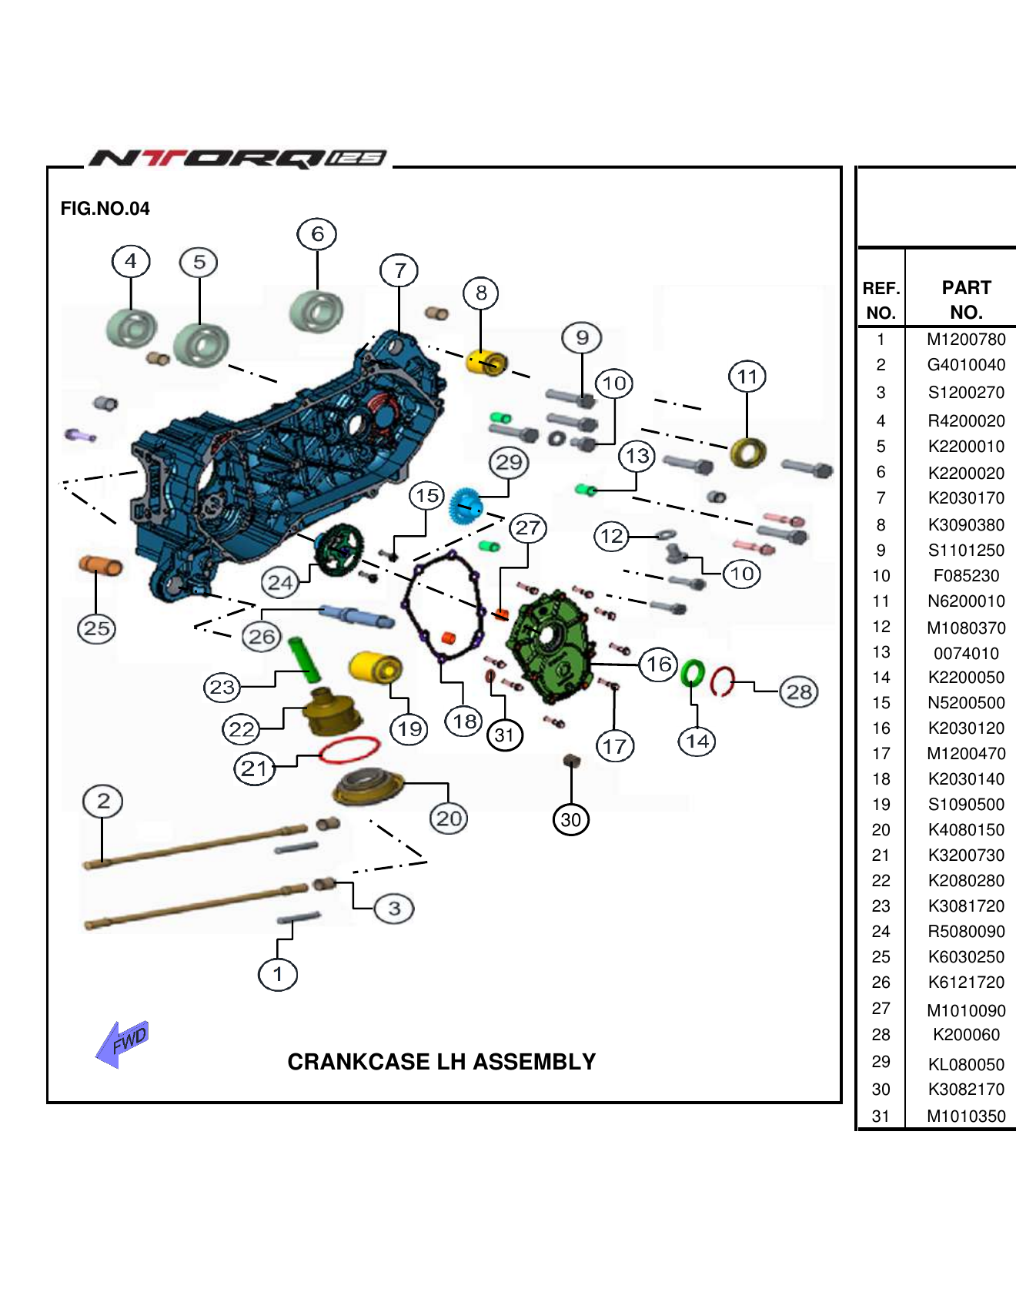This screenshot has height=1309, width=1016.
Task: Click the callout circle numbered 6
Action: tap(317, 234)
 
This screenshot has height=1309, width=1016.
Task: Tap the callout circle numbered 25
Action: tap(96, 628)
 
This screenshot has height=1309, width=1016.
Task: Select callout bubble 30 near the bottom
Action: tap(570, 819)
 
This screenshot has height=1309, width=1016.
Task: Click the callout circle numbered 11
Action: tap(747, 377)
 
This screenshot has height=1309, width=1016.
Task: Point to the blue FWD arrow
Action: tap(121, 1044)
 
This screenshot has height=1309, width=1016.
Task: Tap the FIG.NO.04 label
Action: tap(105, 209)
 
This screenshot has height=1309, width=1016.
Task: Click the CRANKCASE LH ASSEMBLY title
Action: tap(441, 1062)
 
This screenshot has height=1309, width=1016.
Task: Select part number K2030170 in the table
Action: tap(966, 498)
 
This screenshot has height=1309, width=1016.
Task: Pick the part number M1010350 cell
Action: tap(966, 1116)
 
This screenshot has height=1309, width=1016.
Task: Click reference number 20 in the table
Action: tap(881, 830)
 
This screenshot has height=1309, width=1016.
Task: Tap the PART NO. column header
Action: tap(966, 300)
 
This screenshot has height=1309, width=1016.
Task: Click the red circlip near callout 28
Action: tap(721, 681)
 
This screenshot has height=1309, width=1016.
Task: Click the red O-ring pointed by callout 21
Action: tap(349, 749)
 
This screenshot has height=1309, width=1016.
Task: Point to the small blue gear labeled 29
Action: tap(465, 505)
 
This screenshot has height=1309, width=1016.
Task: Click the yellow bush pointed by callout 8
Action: tap(486, 363)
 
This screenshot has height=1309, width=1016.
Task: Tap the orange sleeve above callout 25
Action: tap(100, 565)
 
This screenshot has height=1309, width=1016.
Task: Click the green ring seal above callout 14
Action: tap(692, 673)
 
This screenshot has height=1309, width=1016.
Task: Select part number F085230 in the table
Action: tap(966, 576)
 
